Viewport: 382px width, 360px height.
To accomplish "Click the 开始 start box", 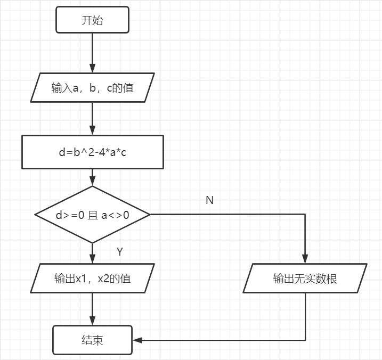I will (x=92, y=21).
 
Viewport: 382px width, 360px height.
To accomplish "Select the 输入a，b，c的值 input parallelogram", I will (x=92, y=88).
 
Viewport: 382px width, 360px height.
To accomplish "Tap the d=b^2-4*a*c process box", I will (x=92, y=152).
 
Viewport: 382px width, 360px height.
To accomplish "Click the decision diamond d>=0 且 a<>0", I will (x=92, y=215).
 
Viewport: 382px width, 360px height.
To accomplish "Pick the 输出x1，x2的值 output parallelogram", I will (x=92, y=278).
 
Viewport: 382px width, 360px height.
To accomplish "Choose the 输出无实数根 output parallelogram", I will (x=305, y=278).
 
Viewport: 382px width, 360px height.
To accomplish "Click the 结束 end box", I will (x=92, y=340).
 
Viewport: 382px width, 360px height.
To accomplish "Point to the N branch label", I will (x=209, y=200).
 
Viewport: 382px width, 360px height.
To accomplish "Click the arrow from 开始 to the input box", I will (x=92, y=54).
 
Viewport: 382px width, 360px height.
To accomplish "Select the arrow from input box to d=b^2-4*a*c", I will (x=92, y=119).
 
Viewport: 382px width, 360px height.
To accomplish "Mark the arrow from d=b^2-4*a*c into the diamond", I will (x=92, y=177).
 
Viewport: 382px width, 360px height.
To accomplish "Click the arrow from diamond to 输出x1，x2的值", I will (x=92, y=253).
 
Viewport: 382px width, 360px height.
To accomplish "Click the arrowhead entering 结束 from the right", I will (x=136, y=340).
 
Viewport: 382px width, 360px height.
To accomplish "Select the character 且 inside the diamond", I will (x=93, y=216).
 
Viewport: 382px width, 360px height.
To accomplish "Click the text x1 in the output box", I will (x=81, y=279).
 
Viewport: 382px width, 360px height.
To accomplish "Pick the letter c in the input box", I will (x=109, y=88).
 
